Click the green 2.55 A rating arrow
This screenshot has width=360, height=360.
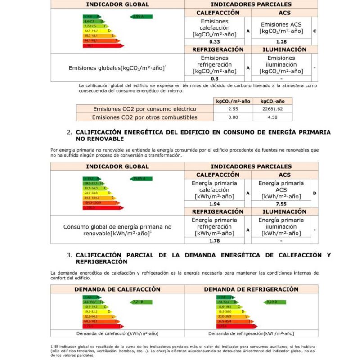(141, 17)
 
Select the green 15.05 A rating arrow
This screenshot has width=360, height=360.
(141, 179)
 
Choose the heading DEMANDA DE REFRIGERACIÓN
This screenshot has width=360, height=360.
(251, 289)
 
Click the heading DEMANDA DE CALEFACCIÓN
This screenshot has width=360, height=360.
(117, 289)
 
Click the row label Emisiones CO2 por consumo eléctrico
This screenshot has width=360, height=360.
(144, 109)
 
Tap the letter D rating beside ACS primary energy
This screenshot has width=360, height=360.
(315, 193)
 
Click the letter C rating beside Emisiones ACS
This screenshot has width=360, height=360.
(315, 31)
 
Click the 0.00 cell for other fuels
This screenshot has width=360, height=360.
(233, 117)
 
